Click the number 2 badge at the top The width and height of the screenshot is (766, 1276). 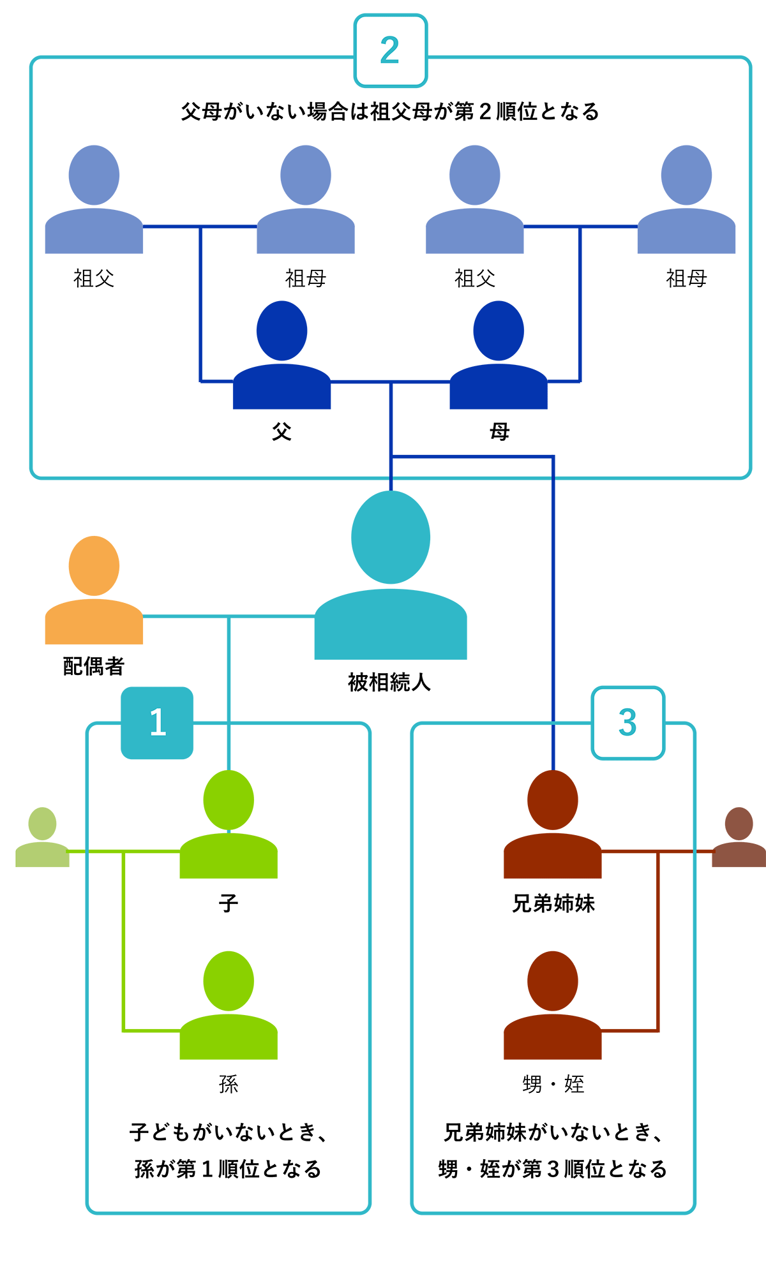(x=391, y=51)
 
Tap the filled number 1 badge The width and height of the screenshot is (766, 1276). (x=157, y=723)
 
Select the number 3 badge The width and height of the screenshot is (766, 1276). (x=628, y=723)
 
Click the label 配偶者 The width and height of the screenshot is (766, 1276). (x=94, y=666)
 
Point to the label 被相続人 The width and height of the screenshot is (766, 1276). (x=389, y=683)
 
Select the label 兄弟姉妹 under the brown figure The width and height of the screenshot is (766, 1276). (x=553, y=903)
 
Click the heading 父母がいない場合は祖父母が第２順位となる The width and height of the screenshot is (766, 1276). (x=390, y=112)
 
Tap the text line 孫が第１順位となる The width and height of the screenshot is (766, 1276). (x=228, y=1169)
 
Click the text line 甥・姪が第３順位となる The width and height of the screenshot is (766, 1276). (x=553, y=1169)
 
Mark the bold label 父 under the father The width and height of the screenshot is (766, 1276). (x=282, y=432)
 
